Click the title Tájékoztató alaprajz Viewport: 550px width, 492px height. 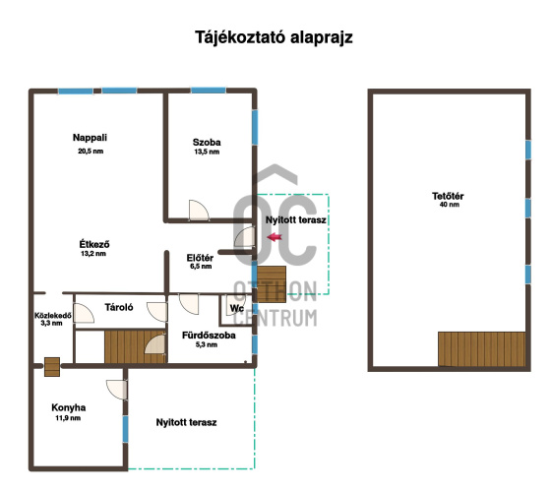coord(274,37)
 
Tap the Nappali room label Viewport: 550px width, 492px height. coord(90,138)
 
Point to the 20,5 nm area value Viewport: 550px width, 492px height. coord(91,152)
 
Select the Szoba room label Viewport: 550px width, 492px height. coord(207,142)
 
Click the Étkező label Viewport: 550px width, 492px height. coord(94,244)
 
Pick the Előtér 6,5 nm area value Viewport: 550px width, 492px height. coord(201,266)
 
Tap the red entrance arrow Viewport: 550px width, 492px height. coord(275,237)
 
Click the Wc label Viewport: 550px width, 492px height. coord(237,308)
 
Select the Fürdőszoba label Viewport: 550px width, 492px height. coord(209,336)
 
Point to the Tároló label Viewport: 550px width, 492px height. coord(119,307)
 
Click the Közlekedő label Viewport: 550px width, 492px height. coord(52,315)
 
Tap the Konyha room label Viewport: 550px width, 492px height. coord(69,407)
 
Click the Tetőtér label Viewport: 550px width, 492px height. coord(448,196)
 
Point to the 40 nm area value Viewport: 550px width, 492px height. coord(450,205)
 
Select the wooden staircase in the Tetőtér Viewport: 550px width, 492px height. coord(481,349)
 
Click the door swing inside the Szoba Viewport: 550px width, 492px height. coord(199,210)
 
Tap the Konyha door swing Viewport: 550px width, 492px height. coord(116,389)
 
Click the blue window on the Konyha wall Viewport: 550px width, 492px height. coord(125,429)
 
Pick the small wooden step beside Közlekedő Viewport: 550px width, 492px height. coord(52,367)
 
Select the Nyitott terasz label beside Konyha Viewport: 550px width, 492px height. coord(186,422)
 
